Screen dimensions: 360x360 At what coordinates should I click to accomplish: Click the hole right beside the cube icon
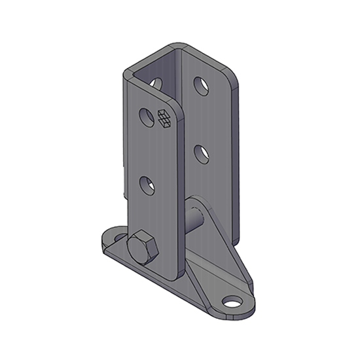tap(147, 118)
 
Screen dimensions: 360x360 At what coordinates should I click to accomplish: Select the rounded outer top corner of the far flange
tap(228, 74)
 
